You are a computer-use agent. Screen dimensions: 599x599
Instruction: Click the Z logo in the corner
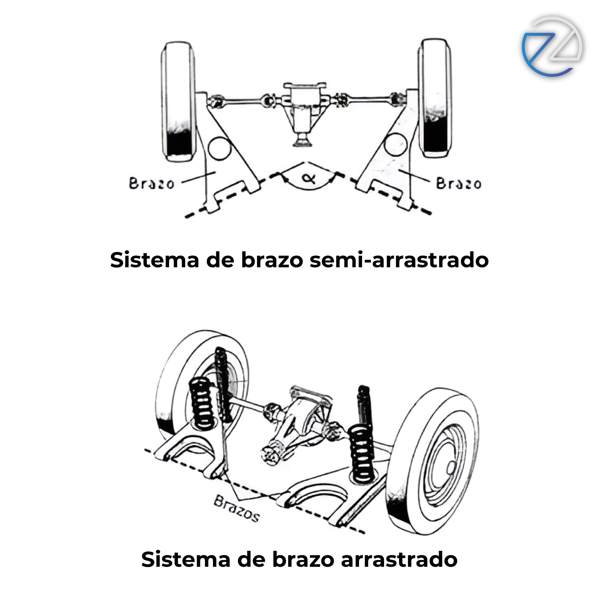pos(552,47)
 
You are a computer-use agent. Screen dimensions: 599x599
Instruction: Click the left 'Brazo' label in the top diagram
pos(151,183)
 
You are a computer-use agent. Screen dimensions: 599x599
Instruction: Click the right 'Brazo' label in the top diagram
pos(459,183)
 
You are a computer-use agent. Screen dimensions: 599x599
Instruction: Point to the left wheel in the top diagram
pos(179,101)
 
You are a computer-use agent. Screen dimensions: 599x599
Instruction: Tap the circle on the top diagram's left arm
pos(220,148)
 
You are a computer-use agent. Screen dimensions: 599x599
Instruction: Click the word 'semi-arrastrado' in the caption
pos(399,260)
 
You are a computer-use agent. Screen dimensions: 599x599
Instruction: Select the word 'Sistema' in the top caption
pos(154,260)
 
